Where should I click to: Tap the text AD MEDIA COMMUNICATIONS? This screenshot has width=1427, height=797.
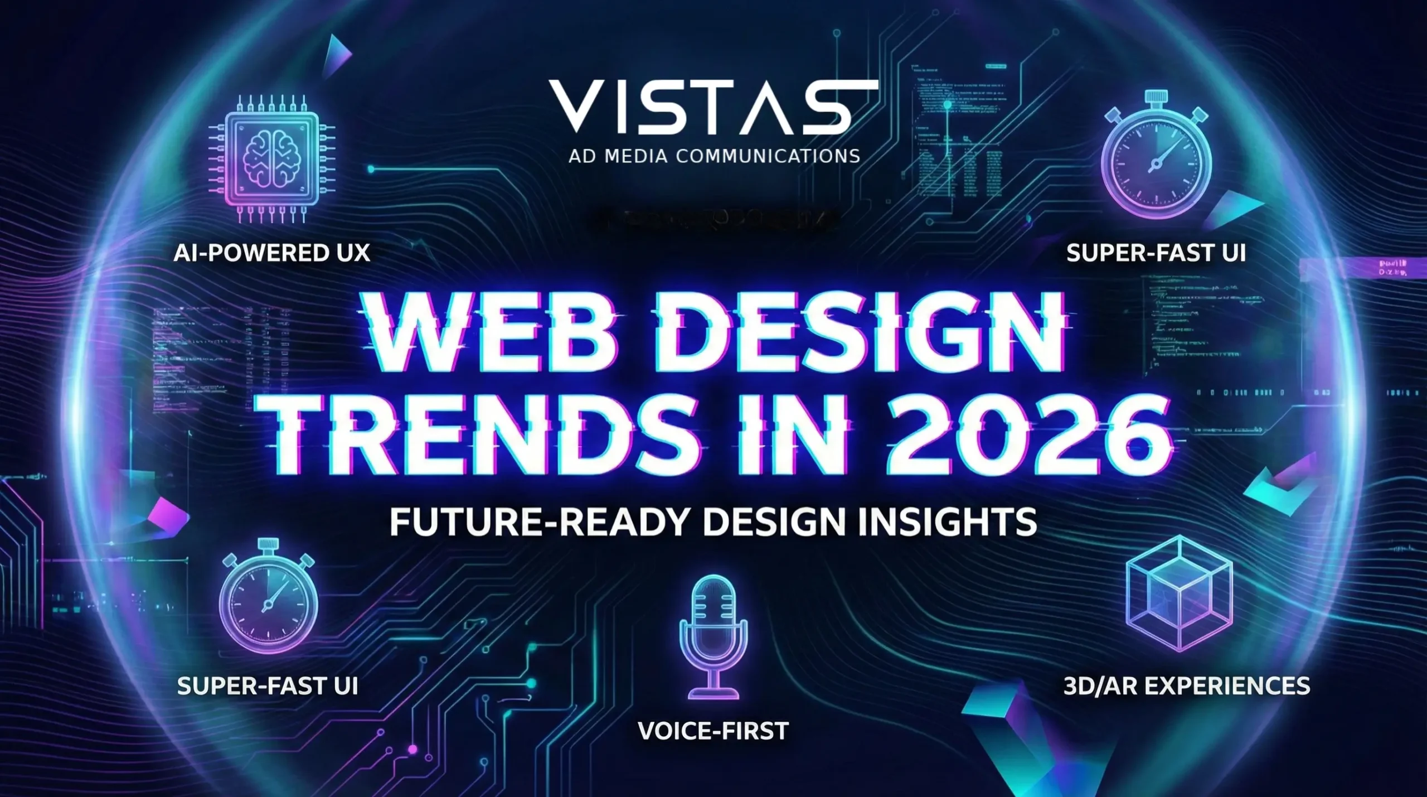(714, 156)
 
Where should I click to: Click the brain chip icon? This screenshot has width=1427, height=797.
(271, 160)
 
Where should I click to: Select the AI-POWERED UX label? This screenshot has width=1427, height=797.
(271, 253)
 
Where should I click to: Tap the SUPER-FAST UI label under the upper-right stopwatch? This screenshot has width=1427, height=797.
(1156, 253)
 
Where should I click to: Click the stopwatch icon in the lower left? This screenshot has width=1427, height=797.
(268, 600)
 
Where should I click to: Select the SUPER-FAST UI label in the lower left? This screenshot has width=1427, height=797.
(268, 686)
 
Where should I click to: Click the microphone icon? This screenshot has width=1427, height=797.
(713, 636)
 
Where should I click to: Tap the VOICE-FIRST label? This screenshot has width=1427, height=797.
(713, 731)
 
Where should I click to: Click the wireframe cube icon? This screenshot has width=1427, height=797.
(1179, 594)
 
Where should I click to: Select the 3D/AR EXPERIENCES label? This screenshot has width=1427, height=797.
(1186, 686)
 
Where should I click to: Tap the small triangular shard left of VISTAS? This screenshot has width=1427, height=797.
(337, 56)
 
